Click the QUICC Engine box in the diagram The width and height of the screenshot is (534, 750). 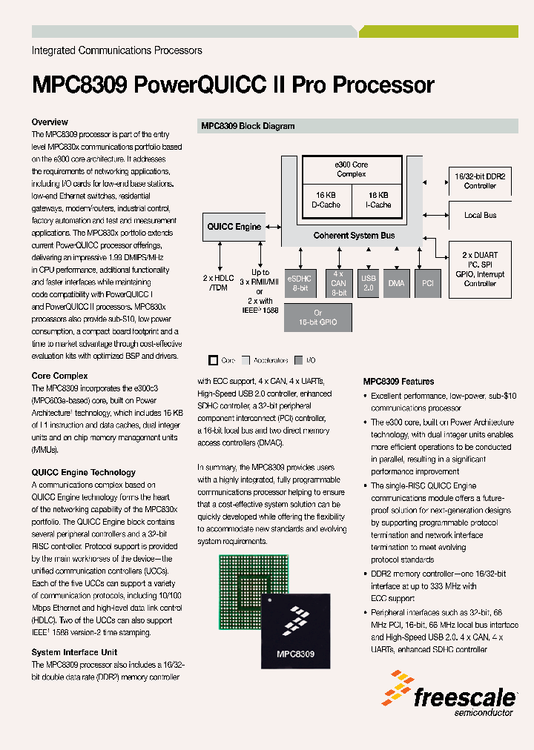(x=234, y=227)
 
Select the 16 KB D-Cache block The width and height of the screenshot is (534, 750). (x=326, y=200)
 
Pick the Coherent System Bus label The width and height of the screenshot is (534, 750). (x=354, y=236)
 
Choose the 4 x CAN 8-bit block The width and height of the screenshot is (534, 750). (x=338, y=282)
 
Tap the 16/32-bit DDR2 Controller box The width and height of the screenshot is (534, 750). (x=480, y=182)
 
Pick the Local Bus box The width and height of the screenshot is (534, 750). (x=480, y=216)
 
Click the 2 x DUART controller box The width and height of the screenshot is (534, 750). (x=480, y=269)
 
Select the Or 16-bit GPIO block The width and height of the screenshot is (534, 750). (x=317, y=316)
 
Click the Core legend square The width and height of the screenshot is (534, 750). (x=214, y=360)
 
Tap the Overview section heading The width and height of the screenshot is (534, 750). (x=50, y=122)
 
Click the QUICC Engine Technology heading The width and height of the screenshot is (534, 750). (x=83, y=473)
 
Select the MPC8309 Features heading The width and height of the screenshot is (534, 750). (x=398, y=382)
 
